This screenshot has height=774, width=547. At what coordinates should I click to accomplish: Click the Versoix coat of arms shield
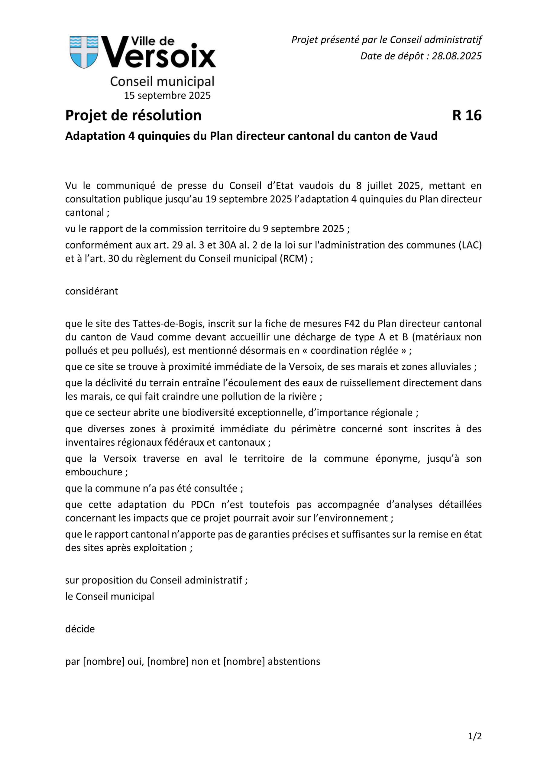point(84,52)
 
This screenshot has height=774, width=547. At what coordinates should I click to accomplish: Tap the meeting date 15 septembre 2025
point(167,96)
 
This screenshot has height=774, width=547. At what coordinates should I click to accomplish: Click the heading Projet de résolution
point(133,115)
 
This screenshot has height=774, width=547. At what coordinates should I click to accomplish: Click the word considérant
point(91,291)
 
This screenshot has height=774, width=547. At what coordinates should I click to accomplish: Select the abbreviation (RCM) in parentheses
point(293,259)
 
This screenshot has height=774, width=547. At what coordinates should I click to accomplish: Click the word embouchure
point(94,472)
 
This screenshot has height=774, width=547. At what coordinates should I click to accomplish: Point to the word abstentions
point(293,662)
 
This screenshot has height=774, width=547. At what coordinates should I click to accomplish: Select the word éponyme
point(398,459)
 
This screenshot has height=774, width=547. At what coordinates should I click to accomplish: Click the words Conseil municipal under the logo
point(162,82)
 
